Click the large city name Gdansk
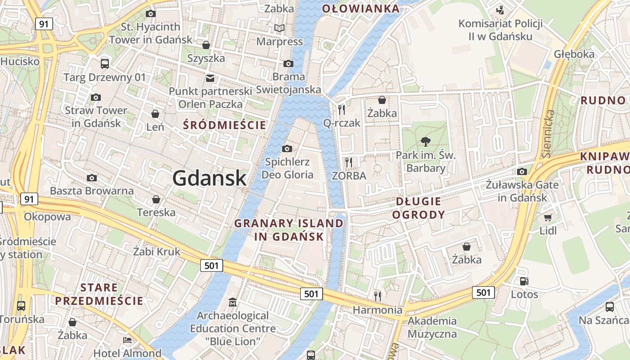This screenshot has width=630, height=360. click(x=209, y=178)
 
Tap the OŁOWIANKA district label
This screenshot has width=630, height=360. click(x=361, y=8)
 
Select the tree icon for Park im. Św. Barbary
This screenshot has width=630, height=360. click(x=425, y=142)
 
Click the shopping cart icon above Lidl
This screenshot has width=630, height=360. click(x=548, y=218)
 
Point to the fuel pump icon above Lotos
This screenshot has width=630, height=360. click(x=524, y=281)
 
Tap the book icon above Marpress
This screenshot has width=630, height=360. click(x=279, y=28)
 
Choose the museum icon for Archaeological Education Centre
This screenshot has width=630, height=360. click(x=233, y=302)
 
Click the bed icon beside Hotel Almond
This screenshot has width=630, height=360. click(x=127, y=340)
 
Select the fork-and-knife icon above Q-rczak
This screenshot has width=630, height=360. click(x=342, y=109)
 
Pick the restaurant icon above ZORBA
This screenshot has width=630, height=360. click(x=349, y=162)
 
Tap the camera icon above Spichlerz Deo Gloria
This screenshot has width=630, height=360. click(x=287, y=148)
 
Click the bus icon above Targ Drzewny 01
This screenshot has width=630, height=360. click(x=105, y=63)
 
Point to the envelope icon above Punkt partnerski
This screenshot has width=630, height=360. click(x=210, y=78)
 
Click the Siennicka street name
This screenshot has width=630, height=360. click(x=549, y=134)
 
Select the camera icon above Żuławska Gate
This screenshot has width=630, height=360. click(x=522, y=171)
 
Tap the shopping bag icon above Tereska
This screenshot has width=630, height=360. click(x=156, y=199)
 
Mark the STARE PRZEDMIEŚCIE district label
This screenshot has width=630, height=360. click(x=99, y=294)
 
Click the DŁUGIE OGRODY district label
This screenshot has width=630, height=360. click(x=418, y=208)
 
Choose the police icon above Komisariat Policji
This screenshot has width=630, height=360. click(x=499, y=10)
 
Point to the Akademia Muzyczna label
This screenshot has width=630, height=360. click(x=432, y=328)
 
